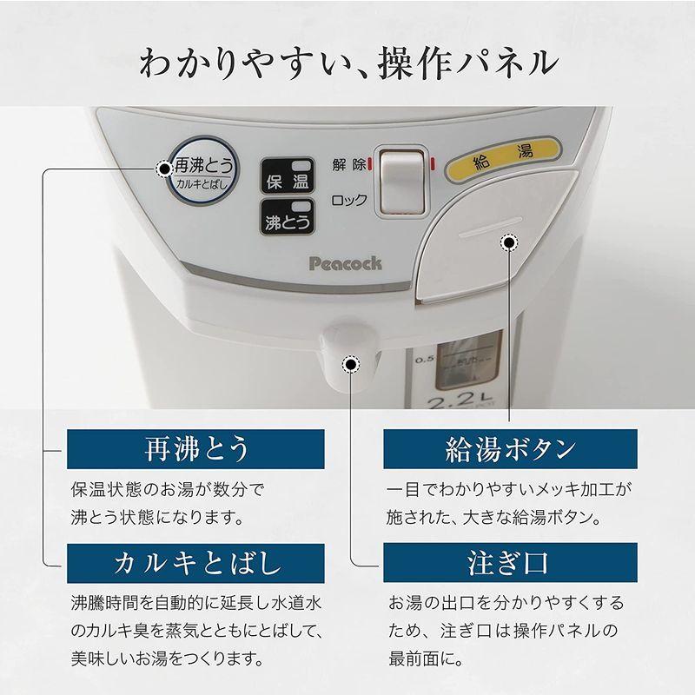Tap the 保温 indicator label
coord(286,177)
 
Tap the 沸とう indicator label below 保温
coord(286,216)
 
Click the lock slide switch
coord(400,179)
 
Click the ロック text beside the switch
coord(349,199)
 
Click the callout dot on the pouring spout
coord(352,366)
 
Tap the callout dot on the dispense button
coord(510,244)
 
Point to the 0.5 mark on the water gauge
coord(425,359)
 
